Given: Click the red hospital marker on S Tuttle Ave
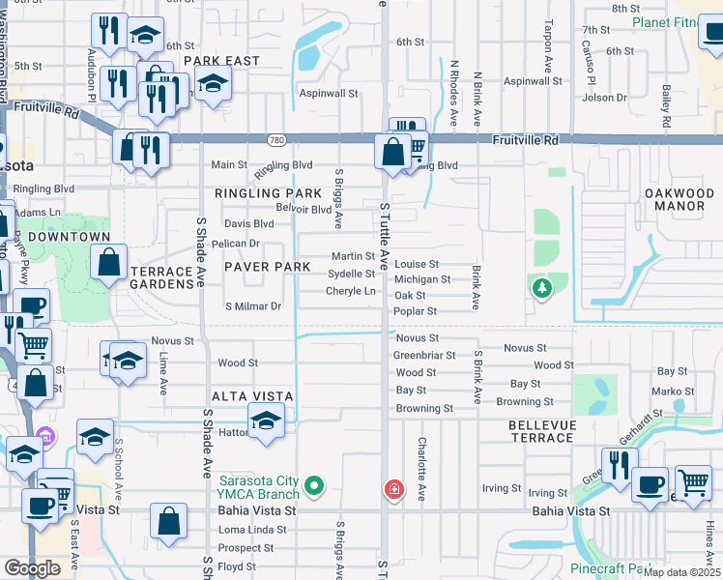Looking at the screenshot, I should click(x=392, y=490).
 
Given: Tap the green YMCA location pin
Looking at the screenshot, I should click(x=313, y=484).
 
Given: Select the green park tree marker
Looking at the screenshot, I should click(x=541, y=287).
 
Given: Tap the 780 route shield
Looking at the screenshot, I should click(x=277, y=140).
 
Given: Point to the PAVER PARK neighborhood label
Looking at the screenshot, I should click(x=268, y=267).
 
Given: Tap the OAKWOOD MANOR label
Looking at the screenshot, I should click(x=679, y=200).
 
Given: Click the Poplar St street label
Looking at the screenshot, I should click(x=416, y=311).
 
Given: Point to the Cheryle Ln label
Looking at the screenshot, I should click(x=350, y=291).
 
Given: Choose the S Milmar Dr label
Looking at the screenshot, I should click(x=253, y=306).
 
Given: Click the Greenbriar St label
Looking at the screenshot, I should click(x=423, y=355).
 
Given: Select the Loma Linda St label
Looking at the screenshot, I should click(x=253, y=530).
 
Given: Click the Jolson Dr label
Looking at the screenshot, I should click(x=605, y=97).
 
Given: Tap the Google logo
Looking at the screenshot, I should click(x=32, y=567).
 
